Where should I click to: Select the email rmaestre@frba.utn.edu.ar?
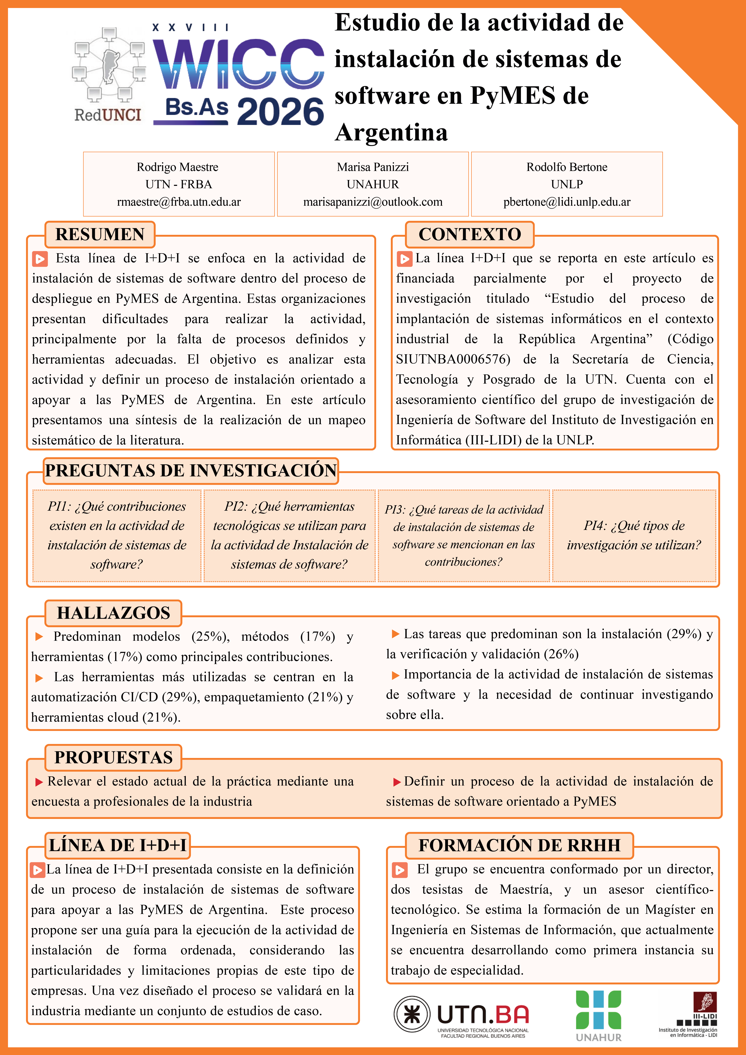coord(179,202)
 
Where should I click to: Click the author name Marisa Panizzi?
coord(373,167)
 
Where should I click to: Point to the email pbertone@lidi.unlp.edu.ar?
coord(567,202)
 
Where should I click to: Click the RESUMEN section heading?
coord(100,234)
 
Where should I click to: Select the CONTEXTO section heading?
coord(469,234)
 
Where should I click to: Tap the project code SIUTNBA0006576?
coord(453,359)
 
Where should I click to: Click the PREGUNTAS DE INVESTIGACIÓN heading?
coord(191,471)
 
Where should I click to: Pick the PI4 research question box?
coord(634,535)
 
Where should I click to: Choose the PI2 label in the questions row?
coord(233,506)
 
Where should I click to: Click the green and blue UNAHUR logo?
coord(598,1015)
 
